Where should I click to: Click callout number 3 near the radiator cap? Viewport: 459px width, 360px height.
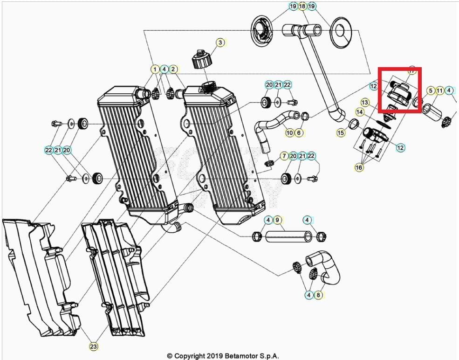[x=220, y=42]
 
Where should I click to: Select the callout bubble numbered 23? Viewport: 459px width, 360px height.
[x=94, y=346]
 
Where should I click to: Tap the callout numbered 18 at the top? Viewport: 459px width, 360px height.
[x=302, y=7]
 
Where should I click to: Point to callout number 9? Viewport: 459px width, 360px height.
[x=277, y=220]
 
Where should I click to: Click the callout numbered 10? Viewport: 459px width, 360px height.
[x=289, y=133]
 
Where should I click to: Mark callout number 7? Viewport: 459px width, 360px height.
[x=284, y=155]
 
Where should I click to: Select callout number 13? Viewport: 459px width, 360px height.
[x=365, y=102]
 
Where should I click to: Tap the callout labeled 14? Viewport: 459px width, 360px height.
[x=360, y=112]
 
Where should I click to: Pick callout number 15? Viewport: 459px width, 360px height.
[x=341, y=133]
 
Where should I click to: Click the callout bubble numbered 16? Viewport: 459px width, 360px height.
[x=359, y=167]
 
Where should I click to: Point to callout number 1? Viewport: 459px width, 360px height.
[x=155, y=69]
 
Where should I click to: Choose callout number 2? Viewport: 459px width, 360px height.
[x=173, y=69]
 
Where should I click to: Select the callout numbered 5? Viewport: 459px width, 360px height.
[x=431, y=90]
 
